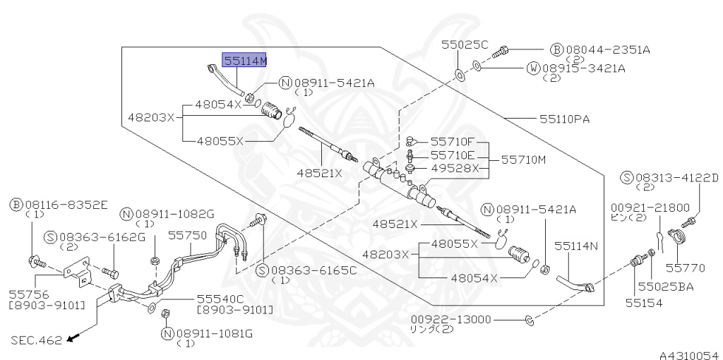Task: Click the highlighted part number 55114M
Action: (x=245, y=60)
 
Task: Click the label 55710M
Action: (x=525, y=161)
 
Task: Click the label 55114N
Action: (x=575, y=246)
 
